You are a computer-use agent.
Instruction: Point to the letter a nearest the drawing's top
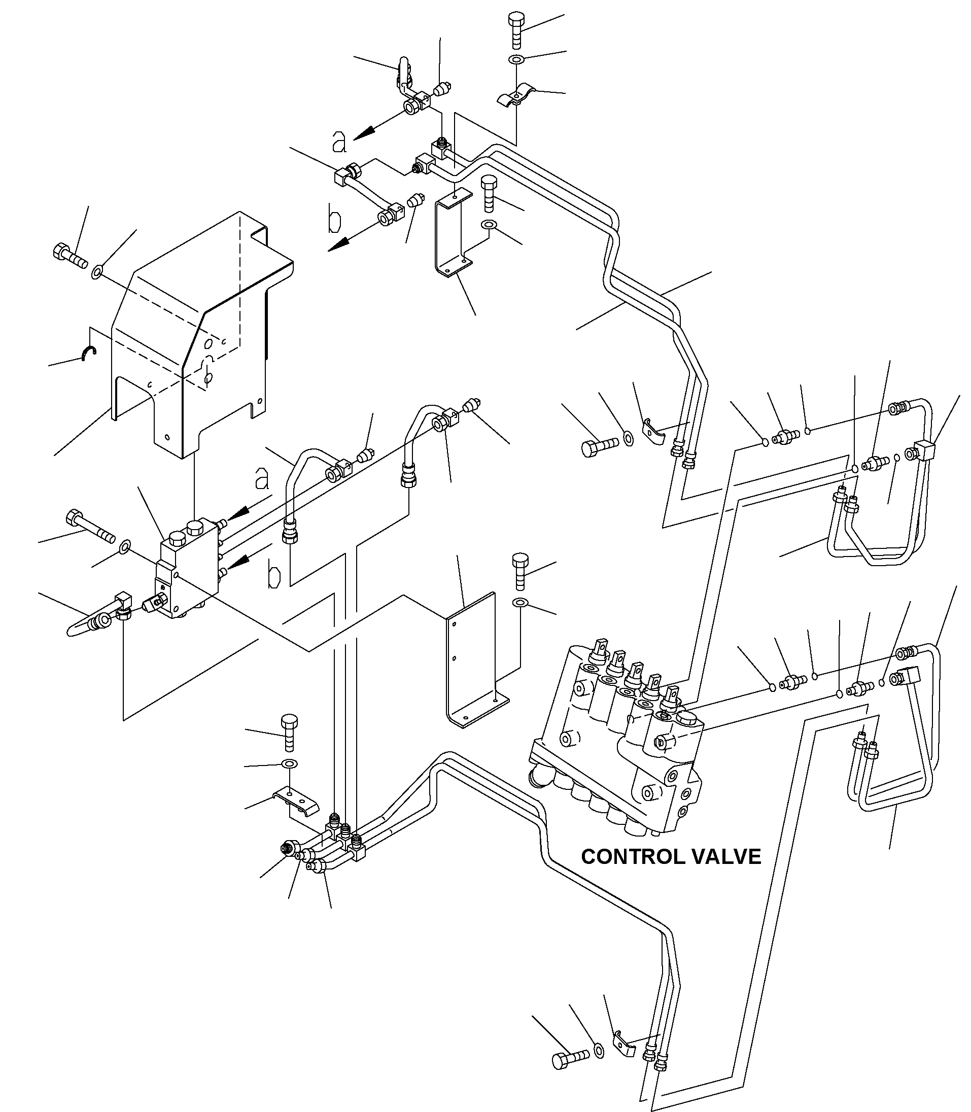click(340, 142)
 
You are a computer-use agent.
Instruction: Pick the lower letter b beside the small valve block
click(275, 577)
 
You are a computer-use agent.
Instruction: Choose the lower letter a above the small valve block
click(262, 477)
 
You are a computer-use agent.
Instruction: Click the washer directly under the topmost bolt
click(516, 59)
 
